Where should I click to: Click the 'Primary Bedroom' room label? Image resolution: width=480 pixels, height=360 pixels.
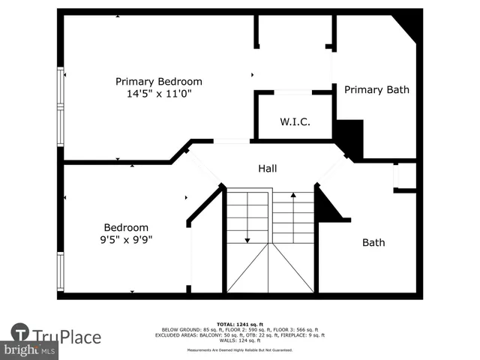click(x=158, y=81)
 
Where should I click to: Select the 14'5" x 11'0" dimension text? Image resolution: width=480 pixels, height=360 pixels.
click(x=158, y=94)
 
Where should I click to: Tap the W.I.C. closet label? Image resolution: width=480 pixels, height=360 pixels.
click(x=295, y=121)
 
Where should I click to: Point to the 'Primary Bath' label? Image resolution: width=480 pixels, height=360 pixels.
click(x=376, y=89)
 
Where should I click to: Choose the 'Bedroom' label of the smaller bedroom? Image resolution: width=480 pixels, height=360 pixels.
click(x=126, y=227)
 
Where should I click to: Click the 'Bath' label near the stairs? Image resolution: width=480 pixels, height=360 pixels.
click(x=373, y=242)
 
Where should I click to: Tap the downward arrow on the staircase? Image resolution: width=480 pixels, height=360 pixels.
click(x=247, y=238)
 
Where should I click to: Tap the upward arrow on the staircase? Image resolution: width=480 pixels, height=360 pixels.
click(x=293, y=196)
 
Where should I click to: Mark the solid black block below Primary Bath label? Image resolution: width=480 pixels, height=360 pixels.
click(x=349, y=137)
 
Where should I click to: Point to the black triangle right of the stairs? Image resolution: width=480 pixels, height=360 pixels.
click(x=327, y=208)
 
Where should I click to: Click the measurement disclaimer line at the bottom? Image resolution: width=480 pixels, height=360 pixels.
click(x=241, y=350)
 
